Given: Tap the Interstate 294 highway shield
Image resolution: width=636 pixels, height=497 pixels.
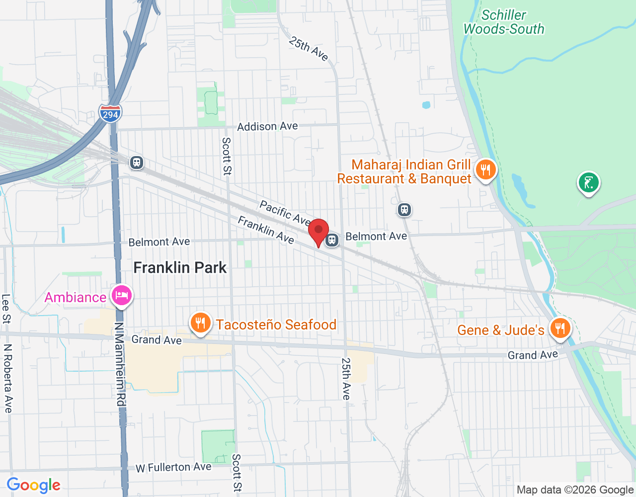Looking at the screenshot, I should click(110, 114).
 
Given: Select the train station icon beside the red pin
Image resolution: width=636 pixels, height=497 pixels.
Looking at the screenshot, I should click(332, 241).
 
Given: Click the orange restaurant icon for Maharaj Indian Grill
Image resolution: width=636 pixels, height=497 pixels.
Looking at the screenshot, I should click(485, 170).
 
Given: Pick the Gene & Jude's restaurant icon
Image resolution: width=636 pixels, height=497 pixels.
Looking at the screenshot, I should click(560, 329).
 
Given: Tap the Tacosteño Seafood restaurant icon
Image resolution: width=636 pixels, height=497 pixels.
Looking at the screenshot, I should click(200, 323).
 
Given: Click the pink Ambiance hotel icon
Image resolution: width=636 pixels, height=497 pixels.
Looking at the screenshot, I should click(122, 296).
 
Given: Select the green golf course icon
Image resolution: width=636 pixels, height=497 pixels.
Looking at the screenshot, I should click(588, 183).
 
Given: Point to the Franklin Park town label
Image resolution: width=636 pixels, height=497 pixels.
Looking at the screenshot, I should click(180, 268).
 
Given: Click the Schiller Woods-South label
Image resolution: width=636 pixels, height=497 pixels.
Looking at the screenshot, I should click(503, 22).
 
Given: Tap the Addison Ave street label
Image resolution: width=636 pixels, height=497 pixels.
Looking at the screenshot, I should click(267, 127).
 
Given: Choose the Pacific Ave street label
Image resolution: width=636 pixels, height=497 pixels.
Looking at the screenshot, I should click(285, 213).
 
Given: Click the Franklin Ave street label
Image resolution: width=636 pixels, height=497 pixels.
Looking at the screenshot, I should click(266, 230).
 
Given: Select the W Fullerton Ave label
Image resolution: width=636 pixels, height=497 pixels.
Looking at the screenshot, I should click(173, 467).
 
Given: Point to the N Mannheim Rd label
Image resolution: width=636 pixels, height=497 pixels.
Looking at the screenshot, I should click(120, 364).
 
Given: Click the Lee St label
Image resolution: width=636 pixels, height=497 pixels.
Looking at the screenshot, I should click(6, 309).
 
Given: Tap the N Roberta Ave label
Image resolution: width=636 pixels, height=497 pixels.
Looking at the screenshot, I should click(8, 378).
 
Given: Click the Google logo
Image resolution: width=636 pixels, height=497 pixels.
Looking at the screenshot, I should click(34, 486).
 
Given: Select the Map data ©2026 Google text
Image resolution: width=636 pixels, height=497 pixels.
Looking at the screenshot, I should click(575, 490).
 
